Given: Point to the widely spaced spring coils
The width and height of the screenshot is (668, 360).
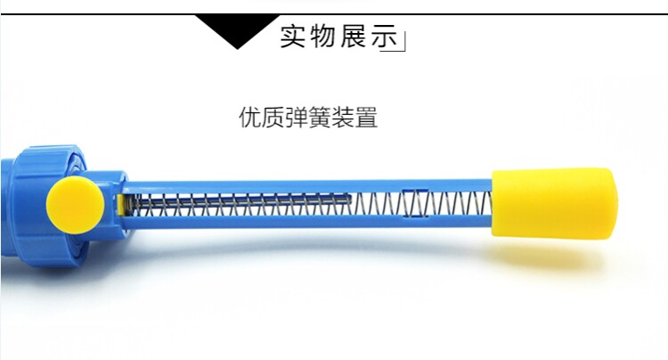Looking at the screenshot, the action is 445,205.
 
